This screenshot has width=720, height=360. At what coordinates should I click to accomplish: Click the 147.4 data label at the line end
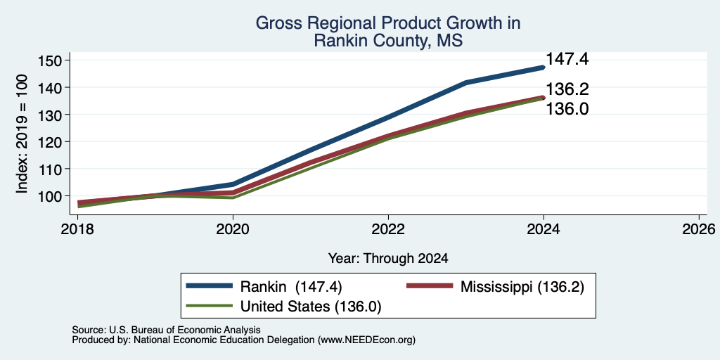(x=567, y=59)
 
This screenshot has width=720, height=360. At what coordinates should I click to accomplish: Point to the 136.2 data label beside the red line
(x=567, y=89)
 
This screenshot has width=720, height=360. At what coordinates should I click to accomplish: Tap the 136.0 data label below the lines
(x=567, y=109)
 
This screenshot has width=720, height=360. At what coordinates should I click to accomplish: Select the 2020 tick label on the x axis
(x=233, y=229)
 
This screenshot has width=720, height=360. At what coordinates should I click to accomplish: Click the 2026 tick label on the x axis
(x=700, y=229)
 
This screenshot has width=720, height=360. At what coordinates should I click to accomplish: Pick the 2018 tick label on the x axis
(x=77, y=229)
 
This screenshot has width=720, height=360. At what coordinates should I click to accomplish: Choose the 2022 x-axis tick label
(x=388, y=229)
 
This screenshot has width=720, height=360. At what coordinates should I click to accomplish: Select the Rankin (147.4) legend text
(x=291, y=287)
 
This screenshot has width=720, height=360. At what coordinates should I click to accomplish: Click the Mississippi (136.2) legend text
(x=522, y=287)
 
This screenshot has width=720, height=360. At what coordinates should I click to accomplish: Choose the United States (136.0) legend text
(x=311, y=307)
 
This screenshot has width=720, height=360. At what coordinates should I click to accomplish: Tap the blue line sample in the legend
(x=210, y=286)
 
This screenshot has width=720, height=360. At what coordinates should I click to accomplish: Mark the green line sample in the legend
(x=210, y=306)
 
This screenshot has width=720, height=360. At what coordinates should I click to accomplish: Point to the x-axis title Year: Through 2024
(x=388, y=259)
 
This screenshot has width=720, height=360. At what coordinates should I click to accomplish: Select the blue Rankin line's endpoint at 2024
(x=544, y=67)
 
